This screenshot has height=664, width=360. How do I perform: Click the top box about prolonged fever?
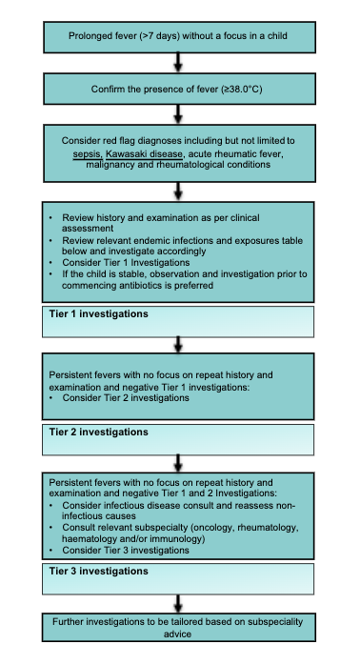coord(179,38)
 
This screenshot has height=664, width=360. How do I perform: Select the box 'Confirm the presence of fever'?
coord(179,90)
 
